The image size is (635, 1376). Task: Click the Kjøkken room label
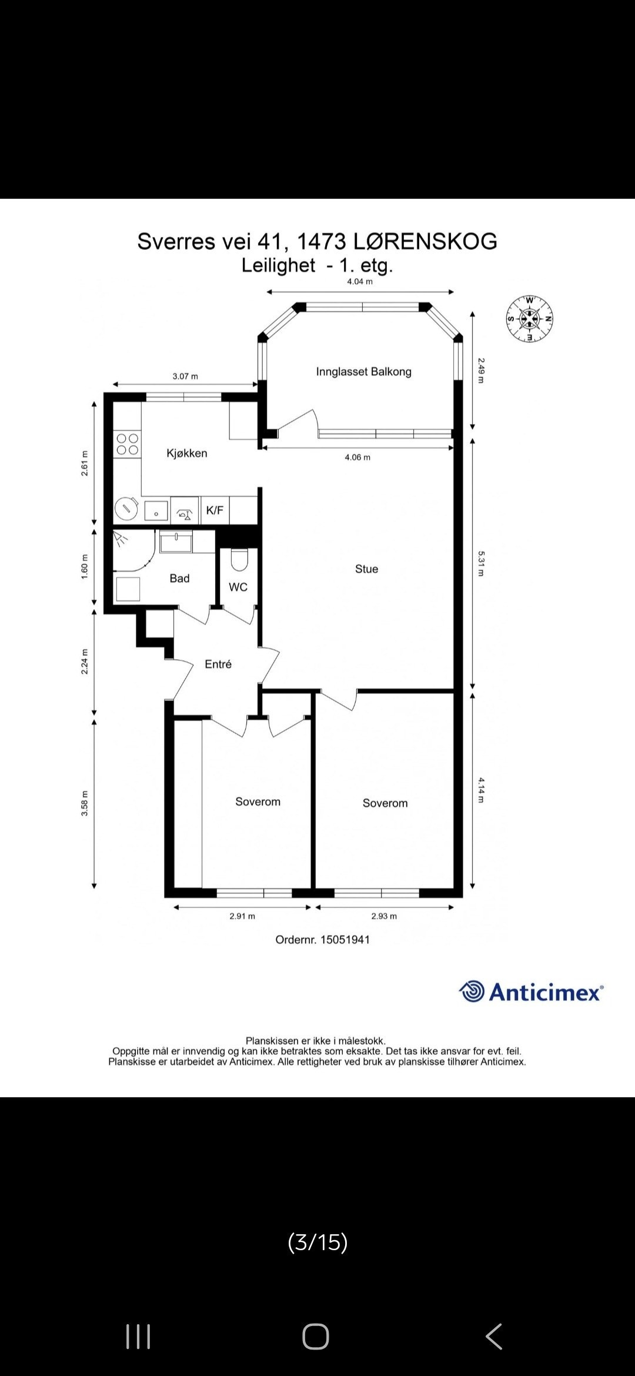click(x=186, y=453)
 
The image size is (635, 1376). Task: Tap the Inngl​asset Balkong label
click(x=363, y=372)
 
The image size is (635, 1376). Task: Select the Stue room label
click(x=366, y=569)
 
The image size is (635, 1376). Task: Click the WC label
click(x=238, y=587)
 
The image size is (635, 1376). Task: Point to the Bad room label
click(x=179, y=579)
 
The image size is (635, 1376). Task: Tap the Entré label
click(x=218, y=664)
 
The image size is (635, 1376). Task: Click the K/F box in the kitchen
click(x=215, y=510)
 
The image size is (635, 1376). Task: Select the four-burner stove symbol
click(x=127, y=444)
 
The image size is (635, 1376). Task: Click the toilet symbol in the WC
click(x=239, y=560)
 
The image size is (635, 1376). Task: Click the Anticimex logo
click(x=531, y=993)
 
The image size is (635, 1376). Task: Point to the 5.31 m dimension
click(x=480, y=563)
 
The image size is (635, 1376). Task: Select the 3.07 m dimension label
click(x=185, y=376)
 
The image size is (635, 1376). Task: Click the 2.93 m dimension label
click(x=384, y=916)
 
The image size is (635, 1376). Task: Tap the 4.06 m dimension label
click(x=357, y=457)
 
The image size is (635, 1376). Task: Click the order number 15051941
click(x=345, y=940)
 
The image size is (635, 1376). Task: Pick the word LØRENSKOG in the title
click(x=425, y=242)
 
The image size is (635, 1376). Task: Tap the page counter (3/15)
click(x=317, y=1242)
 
